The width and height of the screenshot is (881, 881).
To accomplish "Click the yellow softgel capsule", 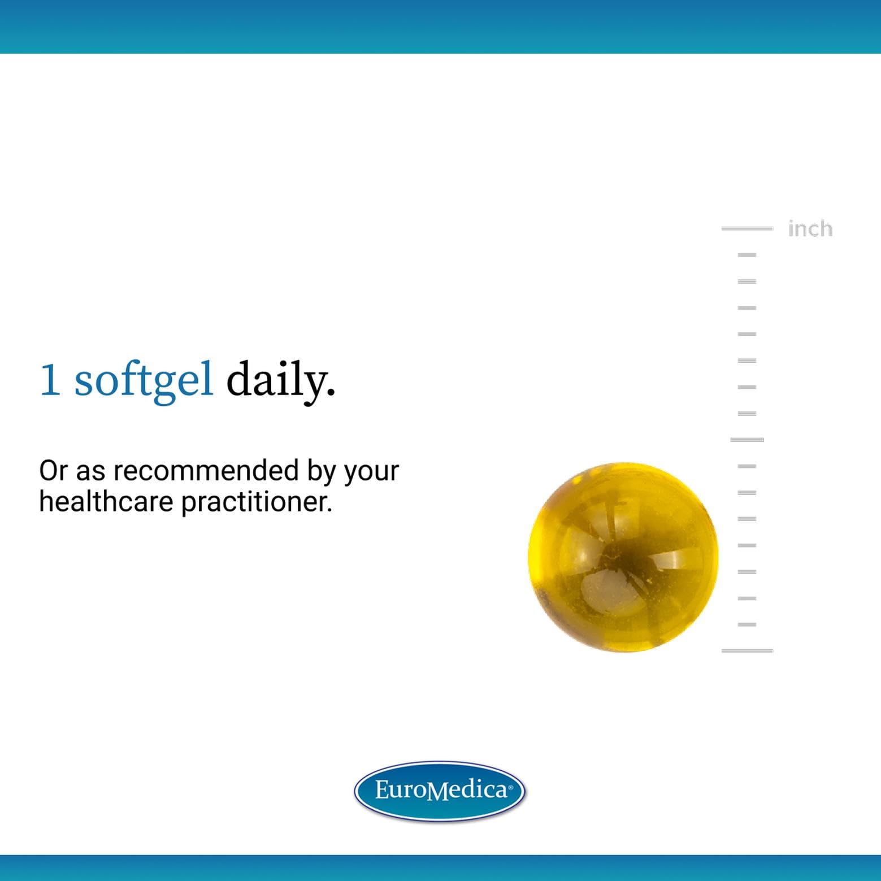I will (623, 557).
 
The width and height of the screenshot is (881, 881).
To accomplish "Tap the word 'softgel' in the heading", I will (144, 380).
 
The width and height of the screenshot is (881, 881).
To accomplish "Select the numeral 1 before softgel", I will (50, 380).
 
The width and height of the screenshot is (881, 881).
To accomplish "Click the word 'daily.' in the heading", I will (280, 380).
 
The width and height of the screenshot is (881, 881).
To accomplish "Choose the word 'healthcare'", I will (106, 501).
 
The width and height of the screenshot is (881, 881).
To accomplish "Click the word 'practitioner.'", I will (257, 501).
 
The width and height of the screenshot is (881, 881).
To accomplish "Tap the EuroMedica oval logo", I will (440, 791).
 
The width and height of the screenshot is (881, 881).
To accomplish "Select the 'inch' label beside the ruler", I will (810, 229).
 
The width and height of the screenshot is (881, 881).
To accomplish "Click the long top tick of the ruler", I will (747, 228).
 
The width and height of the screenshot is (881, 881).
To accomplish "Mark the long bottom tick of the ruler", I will (747, 651).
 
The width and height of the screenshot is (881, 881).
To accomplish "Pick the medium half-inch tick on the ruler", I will (747, 440).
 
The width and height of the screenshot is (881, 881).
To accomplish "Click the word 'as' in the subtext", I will (90, 472).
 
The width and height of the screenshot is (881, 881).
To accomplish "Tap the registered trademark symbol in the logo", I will (511, 787).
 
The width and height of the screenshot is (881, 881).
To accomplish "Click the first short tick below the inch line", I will (747, 255).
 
